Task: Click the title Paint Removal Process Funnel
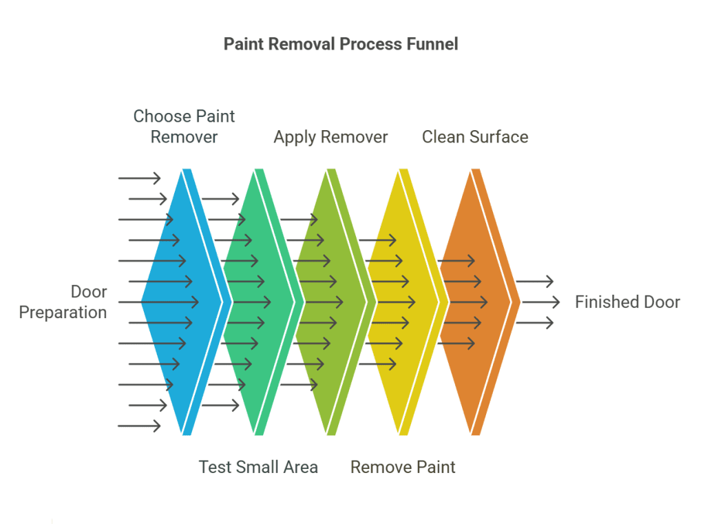(x=341, y=44)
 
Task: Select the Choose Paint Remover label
(x=184, y=127)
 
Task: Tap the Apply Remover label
(x=330, y=137)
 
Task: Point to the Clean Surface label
(x=475, y=137)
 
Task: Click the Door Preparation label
(x=63, y=302)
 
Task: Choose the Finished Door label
(x=627, y=302)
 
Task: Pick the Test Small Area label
(x=258, y=468)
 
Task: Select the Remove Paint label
(x=403, y=468)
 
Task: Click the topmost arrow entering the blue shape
(x=139, y=178)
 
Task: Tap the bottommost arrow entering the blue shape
(x=139, y=426)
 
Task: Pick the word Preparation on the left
(x=63, y=313)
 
